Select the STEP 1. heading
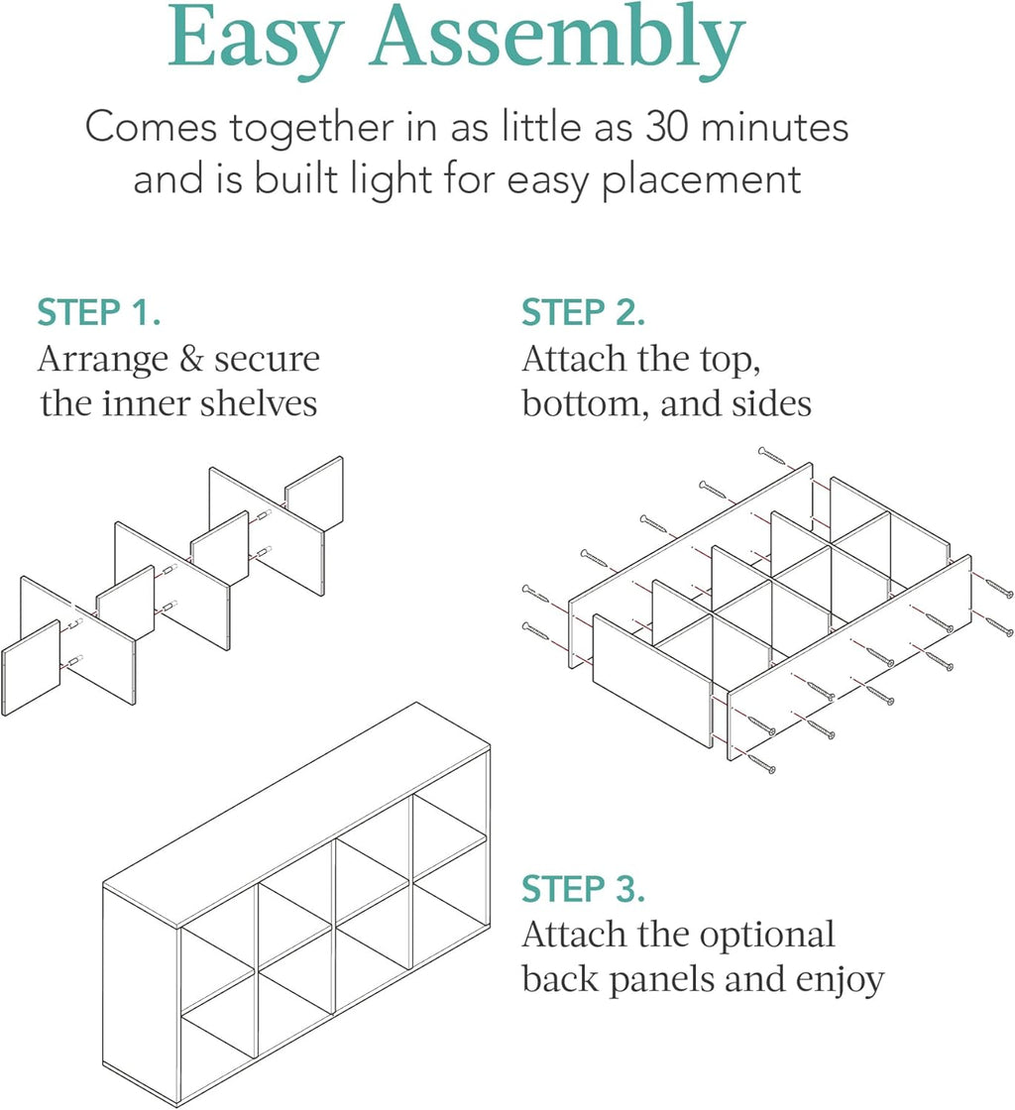99,312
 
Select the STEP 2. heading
584,312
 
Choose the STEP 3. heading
584,889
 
